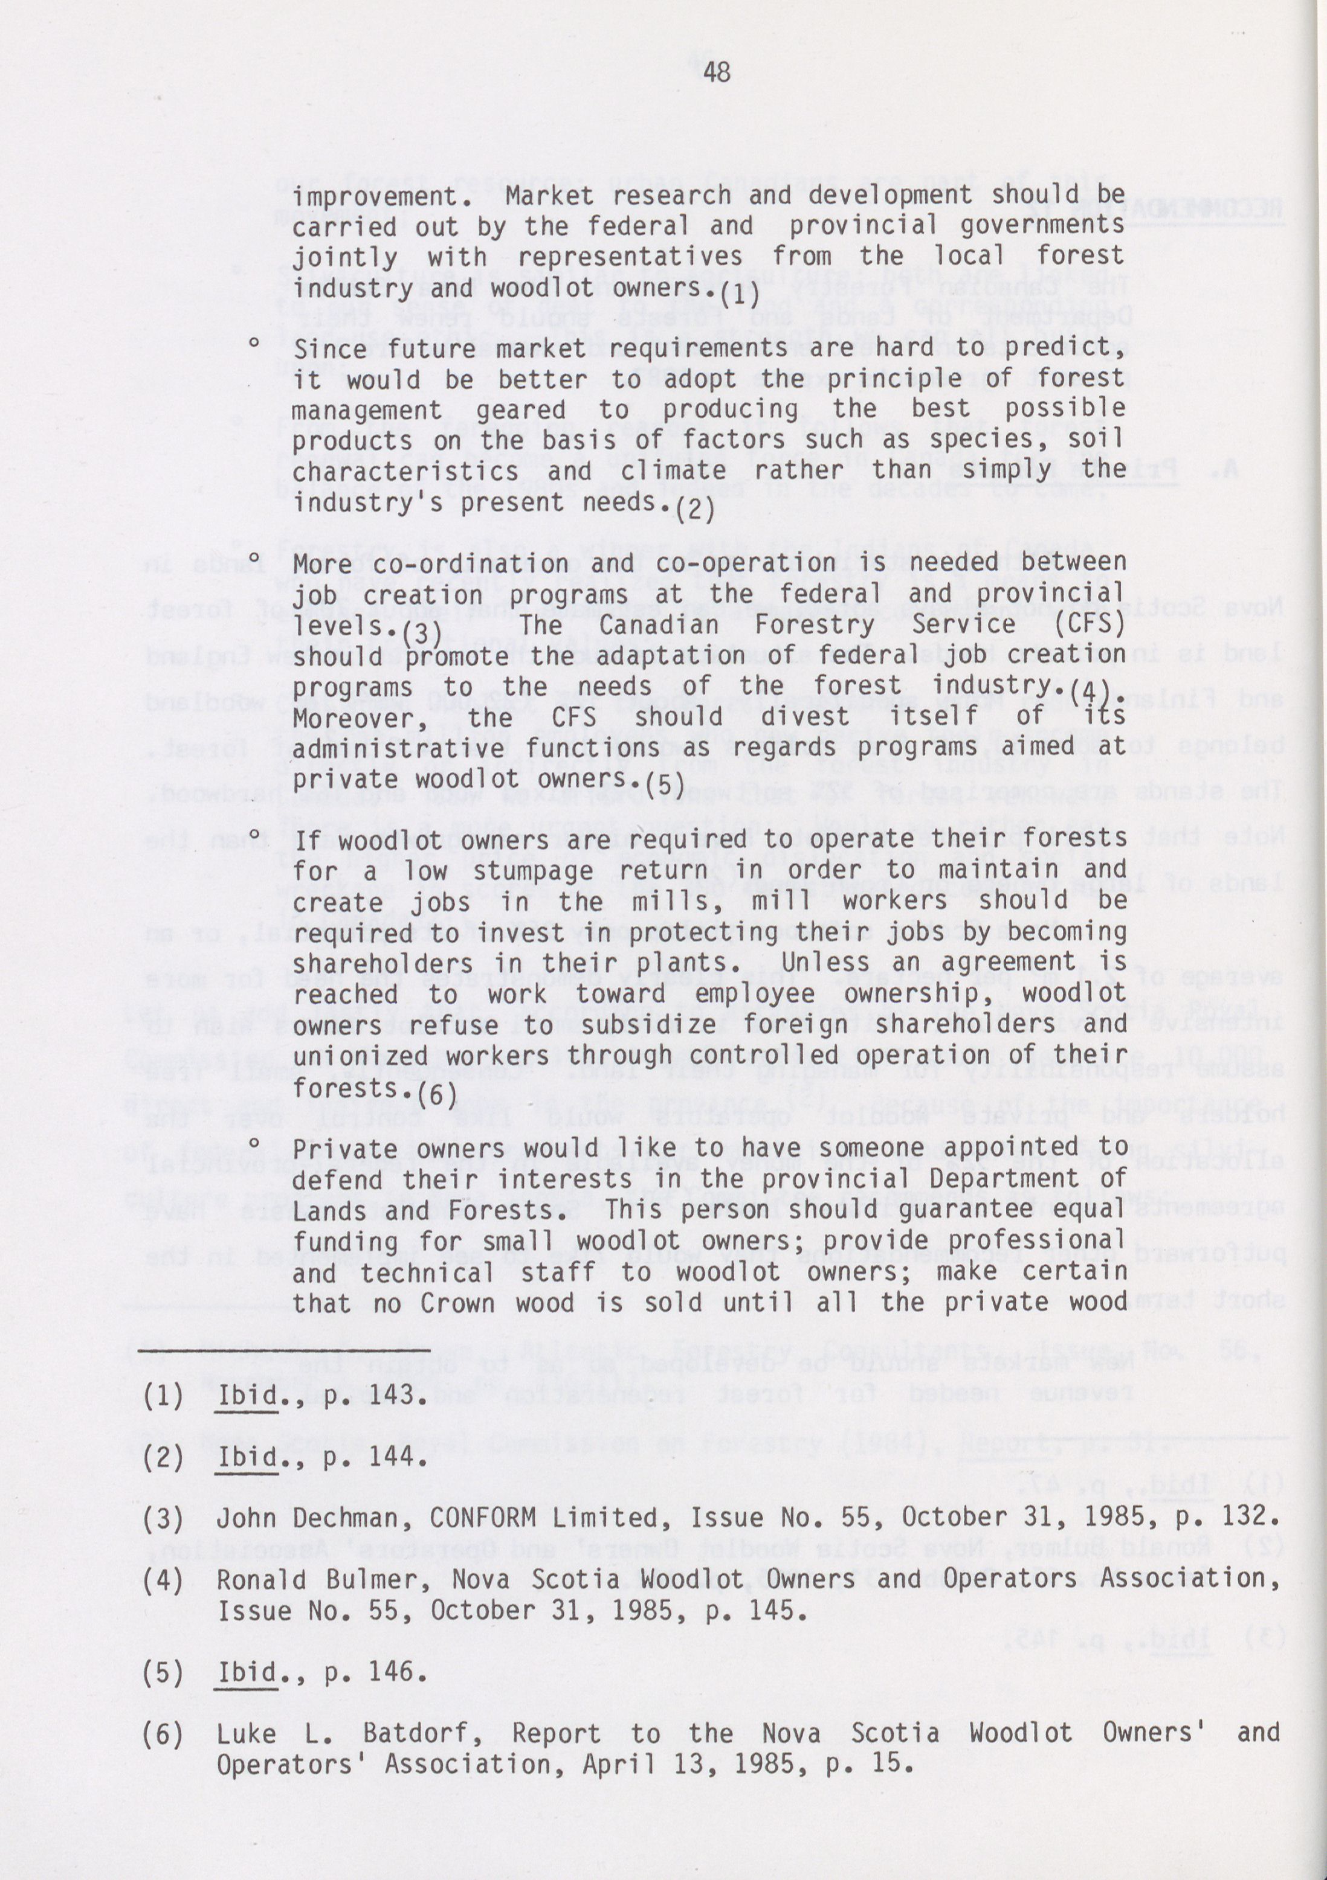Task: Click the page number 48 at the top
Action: pyautogui.click(x=717, y=74)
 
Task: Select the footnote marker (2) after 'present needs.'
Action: pyautogui.click(x=695, y=511)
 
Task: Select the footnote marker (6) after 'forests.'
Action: pyautogui.click(x=437, y=1096)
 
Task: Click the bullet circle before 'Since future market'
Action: pyautogui.click(x=255, y=345)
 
